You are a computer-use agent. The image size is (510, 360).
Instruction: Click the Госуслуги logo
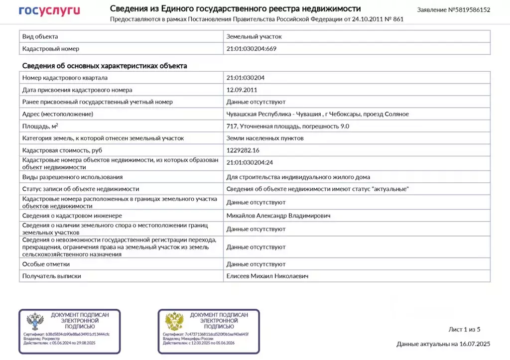click(x=49, y=10)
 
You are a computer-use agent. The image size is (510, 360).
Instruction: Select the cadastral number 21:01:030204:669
click(x=251, y=49)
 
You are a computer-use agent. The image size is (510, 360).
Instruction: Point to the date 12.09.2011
click(x=242, y=90)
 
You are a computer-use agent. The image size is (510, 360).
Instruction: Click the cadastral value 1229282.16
click(x=243, y=150)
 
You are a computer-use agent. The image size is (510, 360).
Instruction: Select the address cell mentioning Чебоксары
click(x=317, y=114)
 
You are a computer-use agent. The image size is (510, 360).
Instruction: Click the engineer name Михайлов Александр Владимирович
click(x=278, y=216)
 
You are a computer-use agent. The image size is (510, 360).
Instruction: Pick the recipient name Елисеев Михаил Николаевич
click(x=269, y=276)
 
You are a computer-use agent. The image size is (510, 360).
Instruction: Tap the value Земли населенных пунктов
click(x=265, y=138)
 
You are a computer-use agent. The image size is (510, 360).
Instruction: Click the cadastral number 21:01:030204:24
click(x=250, y=162)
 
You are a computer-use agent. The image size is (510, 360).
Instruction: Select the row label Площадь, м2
click(x=40, y=126)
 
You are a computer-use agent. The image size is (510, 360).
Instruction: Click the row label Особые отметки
click(x=46, y=264)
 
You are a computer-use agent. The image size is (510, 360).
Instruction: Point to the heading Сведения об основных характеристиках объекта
click(x=105, y=66)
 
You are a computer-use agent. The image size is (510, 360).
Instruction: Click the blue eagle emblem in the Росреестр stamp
click(x=34, y=322)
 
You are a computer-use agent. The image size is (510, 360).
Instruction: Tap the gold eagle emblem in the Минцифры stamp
click(x=174, y=322)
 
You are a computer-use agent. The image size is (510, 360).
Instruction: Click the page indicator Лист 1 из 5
click(x=464, y=329)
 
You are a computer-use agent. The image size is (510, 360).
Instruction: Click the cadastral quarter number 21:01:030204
click(x=246, y=78)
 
